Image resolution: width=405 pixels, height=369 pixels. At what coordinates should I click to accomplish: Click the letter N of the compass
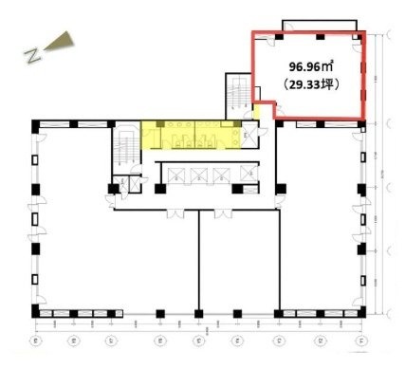34,53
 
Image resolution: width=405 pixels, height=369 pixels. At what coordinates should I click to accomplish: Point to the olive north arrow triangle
60,40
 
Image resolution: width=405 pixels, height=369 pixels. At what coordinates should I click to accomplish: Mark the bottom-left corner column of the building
35,312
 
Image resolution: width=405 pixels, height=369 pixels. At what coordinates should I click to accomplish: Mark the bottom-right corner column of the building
362,312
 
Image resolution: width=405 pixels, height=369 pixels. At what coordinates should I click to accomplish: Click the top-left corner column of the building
35,124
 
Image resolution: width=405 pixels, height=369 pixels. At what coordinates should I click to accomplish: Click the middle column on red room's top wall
320,35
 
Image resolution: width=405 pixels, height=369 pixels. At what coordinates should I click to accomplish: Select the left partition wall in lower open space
197,261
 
